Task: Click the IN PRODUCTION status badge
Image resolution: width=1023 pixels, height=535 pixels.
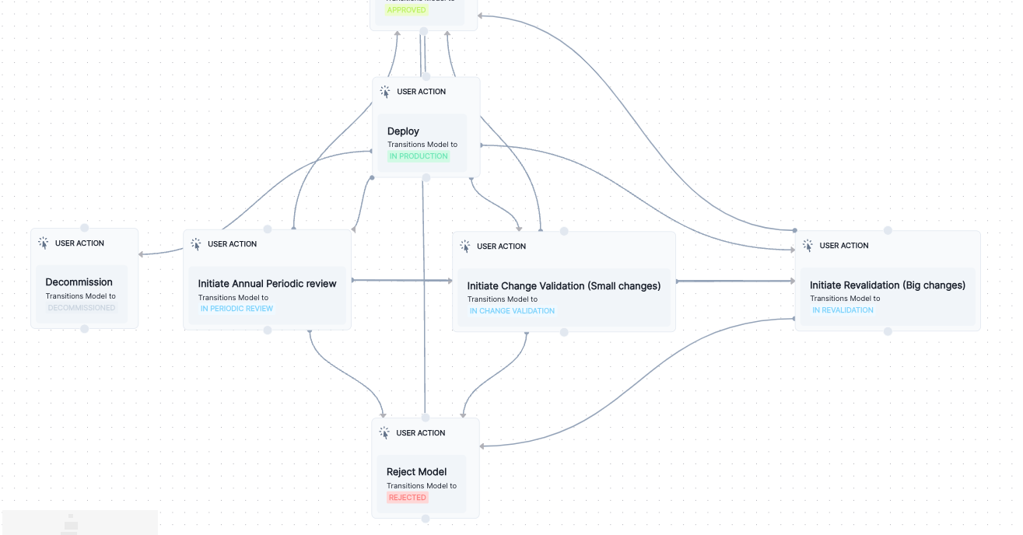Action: pyautogui.click(x=419, y=156)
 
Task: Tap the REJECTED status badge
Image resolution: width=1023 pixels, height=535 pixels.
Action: pyautogui.click(x=408, y=498)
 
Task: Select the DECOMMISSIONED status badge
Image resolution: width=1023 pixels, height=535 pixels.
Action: pyautogui.click(x=82, y=308)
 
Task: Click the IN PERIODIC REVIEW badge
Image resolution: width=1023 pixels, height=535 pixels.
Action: pyautogui.click(x=236, y=309)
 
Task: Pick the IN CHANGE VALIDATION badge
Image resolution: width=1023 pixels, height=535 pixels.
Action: pyautogui.click(x=512, y=311)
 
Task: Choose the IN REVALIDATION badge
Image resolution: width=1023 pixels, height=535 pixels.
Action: pyautogui.click(x=843, y=310)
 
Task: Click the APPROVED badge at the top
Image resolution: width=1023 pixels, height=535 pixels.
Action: pyautogui.click(x=407, y=10)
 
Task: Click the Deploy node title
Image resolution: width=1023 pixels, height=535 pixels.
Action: pyautogui.click(x=403, y=131)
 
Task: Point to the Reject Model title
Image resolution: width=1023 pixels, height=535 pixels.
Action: pyautogui.click(x=416, y=472)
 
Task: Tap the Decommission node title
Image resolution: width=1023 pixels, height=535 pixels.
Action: pyautogui.click(x=79, y=282)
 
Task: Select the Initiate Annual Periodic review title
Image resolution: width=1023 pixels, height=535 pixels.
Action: pyautogui.click(x=267, y=284)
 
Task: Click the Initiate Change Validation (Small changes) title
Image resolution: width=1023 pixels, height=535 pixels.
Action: pyautogui.click(x=563, y=286)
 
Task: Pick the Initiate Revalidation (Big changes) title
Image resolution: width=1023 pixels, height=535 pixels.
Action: pyautogui.click(x=887, y=285)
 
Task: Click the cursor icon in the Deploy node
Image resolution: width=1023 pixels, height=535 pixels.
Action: pyautogui.click(x=385, y=92)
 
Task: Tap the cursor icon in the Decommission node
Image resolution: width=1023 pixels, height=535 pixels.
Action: pyautogui.click(x=44, y=243)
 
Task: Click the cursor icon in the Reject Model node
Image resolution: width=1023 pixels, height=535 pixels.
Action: pyautogui.click(x=384, y=433)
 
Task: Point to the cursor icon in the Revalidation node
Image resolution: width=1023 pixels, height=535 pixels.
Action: pyautogui.click(x=808, y=246)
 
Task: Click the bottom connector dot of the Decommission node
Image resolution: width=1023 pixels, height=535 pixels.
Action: pyautogui.click(x=85, y=329)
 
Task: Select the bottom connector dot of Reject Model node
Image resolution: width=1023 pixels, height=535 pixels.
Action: pyautogui.click(x=425, y=519)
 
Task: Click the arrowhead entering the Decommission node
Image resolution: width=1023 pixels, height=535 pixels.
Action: pyautogui.click(x=142, y=254)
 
